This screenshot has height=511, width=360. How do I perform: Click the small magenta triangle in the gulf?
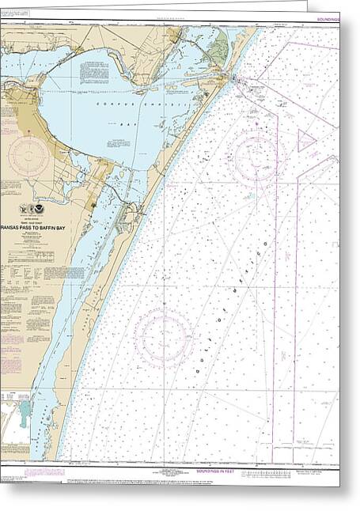pyautogui.click(x=305, y=142)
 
